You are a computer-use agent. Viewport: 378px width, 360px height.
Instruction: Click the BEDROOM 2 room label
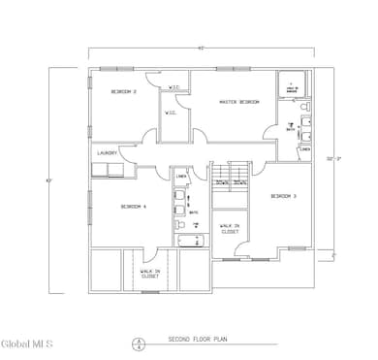122,92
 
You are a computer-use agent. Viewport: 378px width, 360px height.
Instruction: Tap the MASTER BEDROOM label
239,102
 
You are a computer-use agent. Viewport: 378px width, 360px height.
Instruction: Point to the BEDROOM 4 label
134,207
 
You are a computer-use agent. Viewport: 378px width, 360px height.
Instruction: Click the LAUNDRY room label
107,152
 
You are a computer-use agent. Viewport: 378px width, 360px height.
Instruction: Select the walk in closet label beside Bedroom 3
230,229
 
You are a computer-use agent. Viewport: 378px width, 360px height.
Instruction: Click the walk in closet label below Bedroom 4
150,275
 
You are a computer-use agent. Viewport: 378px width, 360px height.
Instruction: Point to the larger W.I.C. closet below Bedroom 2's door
170,113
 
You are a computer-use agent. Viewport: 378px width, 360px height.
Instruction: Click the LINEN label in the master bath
304,149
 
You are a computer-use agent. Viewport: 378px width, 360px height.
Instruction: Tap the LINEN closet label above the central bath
180,176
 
